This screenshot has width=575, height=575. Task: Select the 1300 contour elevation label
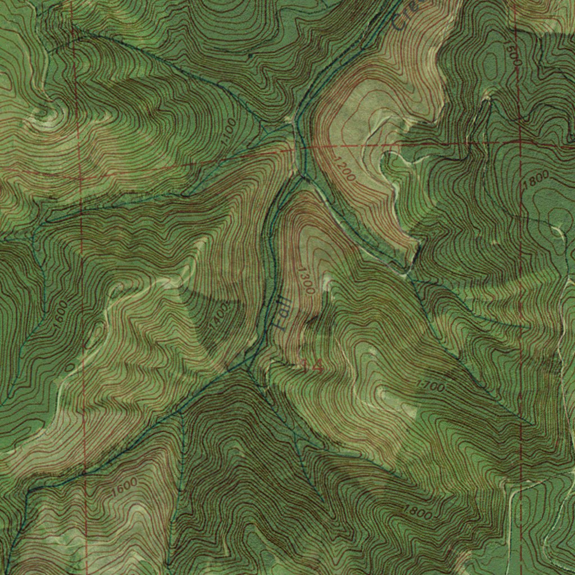(307, 279)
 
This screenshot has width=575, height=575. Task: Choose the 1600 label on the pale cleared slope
(124, 486)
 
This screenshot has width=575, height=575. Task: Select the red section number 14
(312, 366)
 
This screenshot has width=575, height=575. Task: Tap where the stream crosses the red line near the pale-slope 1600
(84, 473)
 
